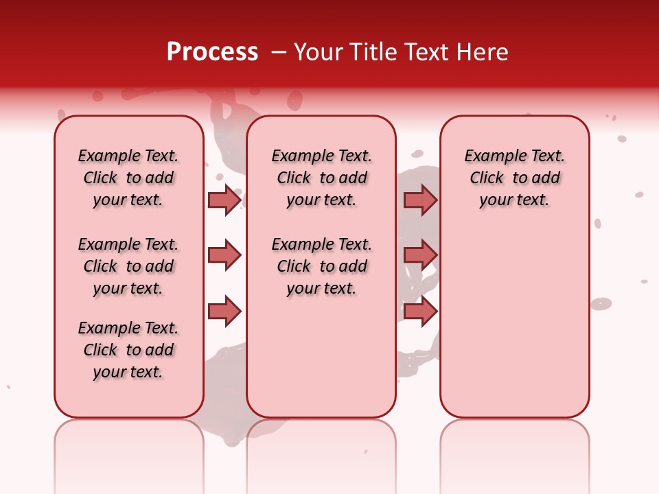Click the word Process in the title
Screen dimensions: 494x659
212,52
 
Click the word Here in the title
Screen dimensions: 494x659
484,52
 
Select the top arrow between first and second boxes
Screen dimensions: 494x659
224,200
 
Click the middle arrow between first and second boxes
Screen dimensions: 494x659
224,256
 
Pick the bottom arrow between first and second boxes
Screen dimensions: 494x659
224,311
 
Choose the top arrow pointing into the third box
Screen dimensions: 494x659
420,200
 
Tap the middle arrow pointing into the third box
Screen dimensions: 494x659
420,256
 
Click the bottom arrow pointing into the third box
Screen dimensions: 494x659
420,311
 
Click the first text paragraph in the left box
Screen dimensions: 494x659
128,178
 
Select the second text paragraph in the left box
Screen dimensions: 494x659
128,266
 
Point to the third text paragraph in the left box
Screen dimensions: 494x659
128,350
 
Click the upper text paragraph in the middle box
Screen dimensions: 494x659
321,178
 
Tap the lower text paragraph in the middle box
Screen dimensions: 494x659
321,266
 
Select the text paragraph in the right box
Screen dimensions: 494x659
515,178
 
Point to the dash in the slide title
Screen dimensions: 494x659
278,52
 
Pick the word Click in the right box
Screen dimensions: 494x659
487,178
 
